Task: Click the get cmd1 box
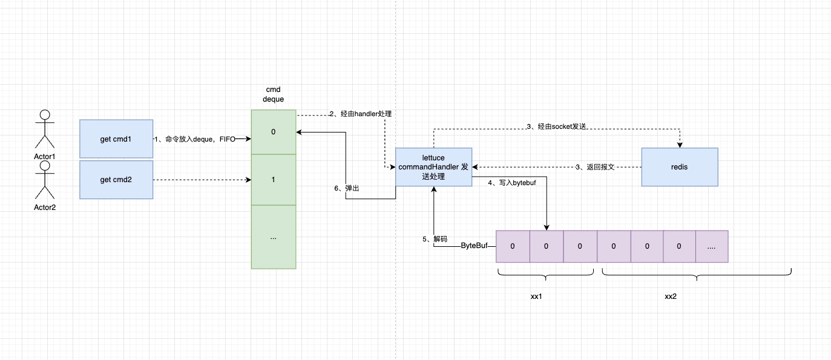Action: pos(116,139)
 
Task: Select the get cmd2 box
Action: pos(116,180)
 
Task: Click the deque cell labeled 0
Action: pos(274,132)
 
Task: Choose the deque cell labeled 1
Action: pos(274,180)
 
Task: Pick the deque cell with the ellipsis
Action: pos(274,237)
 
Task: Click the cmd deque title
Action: pos(274,94)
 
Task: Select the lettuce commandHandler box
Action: pos(433,167)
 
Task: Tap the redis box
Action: pos(679,167)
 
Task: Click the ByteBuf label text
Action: pos(475,246)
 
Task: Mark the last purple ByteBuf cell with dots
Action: pos(711,246)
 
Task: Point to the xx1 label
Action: pos(536,296)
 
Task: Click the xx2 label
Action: pos(671,296)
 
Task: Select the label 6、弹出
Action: pos(347,188)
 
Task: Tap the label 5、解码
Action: pos(435,239)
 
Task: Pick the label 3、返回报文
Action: pos(596,167)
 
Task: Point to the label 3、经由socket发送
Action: pos(557,126)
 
